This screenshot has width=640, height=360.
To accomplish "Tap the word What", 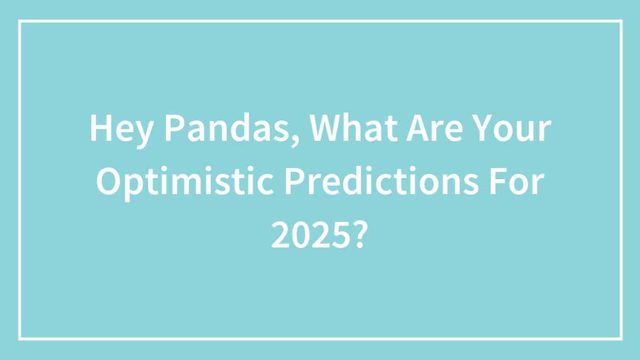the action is click(354, 127).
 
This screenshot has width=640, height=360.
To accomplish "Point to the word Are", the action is click(434, 128).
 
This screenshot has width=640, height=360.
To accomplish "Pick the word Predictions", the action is click(382, 181).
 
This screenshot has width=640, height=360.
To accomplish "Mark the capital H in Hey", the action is click(101, 128).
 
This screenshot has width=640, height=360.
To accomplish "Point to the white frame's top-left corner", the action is click(20, 21).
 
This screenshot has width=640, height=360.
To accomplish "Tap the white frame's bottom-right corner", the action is click(621, 339).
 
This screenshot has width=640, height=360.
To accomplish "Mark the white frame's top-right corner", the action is click(621, 21).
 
